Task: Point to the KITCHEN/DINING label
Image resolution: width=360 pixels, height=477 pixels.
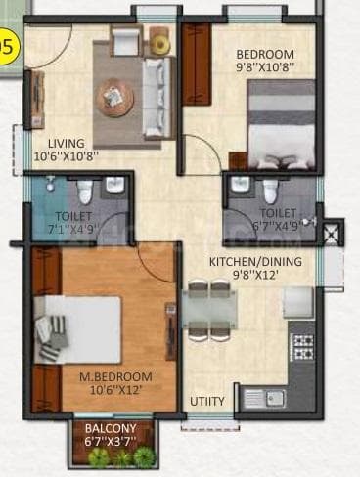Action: coord(255,261)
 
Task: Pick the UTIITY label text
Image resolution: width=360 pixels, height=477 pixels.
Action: coord(206,401)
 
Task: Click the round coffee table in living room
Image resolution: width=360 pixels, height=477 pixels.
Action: coord(115,96)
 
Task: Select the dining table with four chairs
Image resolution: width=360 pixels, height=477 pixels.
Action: coord(208,312)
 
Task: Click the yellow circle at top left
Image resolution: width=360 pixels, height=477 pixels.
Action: coord(8,45)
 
